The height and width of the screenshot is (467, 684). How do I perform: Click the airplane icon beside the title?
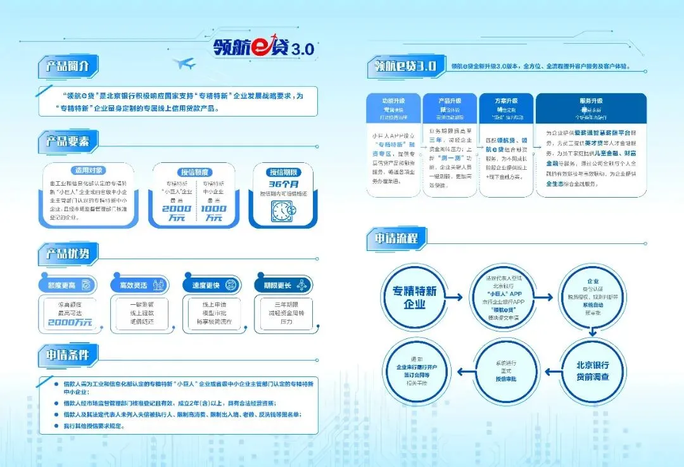[184, 63]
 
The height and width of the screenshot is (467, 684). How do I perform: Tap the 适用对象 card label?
[89, 170]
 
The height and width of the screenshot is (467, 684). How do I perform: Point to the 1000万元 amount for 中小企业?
[213, 214]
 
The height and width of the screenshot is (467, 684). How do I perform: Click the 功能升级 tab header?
[393, 101]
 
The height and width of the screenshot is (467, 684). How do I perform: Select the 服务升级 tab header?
[590, 101]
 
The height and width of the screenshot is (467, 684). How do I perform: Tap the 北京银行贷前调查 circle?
[592, 371]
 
